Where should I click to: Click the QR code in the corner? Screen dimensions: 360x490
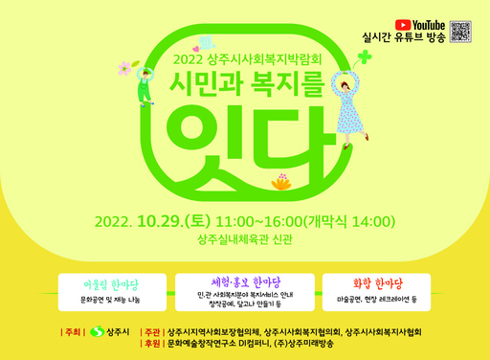461,31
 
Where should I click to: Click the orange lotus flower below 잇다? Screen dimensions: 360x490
281,181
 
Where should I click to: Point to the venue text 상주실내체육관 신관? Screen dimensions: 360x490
245,241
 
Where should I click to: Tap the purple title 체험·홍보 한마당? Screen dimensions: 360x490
244,281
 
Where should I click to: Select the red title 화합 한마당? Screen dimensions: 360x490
377,283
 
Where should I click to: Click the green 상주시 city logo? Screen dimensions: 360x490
96,332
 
